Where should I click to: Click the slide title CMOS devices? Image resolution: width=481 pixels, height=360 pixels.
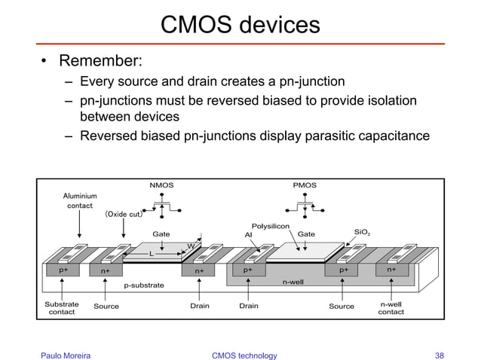[x=240, y=25]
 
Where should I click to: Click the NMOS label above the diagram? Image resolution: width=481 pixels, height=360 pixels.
[x=161, y=185]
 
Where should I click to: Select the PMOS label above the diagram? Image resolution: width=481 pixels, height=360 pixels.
[x=305, y=185]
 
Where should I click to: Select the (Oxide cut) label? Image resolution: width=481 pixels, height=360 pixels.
[x=124, y=214]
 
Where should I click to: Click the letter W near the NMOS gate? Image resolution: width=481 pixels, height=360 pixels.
[x=191, y=246]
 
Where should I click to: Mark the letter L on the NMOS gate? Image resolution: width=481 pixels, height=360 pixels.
[x=152, y=254]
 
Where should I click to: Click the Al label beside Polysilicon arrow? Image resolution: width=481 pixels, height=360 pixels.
[x=248, y=234]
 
